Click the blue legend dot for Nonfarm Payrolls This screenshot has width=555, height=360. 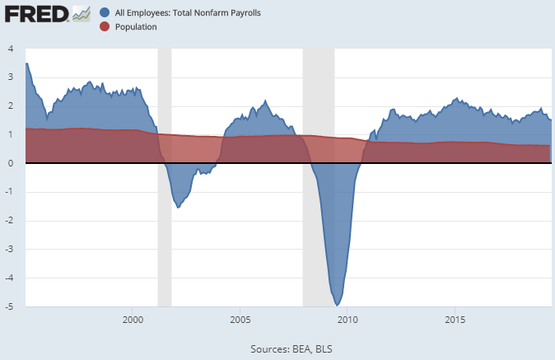[105, 13]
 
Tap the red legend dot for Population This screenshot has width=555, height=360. [105, 26]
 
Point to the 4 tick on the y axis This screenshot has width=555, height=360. [10, 49]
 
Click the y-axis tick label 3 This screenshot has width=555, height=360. [10, 77]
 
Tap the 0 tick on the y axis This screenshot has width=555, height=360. [10, 163]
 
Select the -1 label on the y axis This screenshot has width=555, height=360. [8, 192]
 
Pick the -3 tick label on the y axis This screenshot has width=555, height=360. [8, 250]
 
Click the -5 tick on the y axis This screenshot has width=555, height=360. [8, 306]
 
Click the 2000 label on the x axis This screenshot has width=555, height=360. [133, 319]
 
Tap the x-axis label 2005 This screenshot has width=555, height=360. [240, 319]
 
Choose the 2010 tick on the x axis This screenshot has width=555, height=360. [347, 319]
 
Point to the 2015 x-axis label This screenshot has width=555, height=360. [455, 319]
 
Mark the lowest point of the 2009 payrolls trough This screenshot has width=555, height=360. [338, 305]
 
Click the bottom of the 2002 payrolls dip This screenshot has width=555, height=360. [179, 207]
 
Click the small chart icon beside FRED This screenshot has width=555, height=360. [81, 14]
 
